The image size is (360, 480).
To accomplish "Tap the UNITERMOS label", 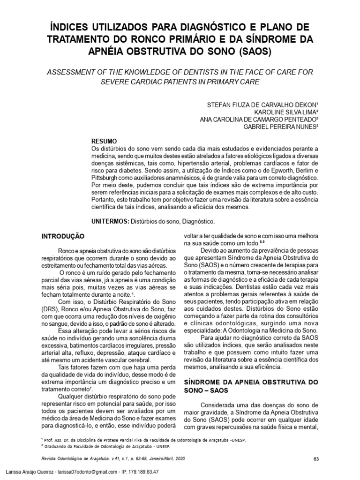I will click(109, 220).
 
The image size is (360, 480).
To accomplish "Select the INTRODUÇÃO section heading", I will click(63, 238).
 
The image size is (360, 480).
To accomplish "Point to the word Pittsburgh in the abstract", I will click(105, 179).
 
